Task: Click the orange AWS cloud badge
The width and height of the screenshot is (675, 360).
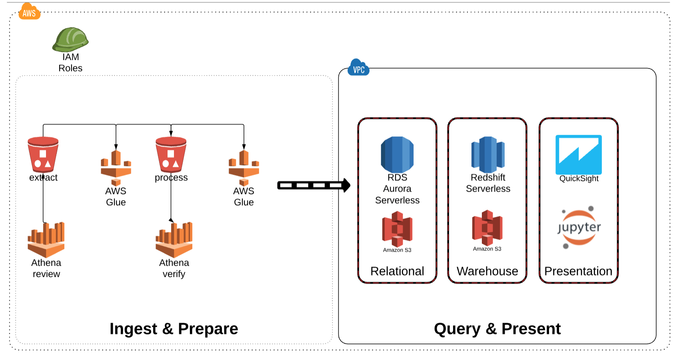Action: [x=29, y=12]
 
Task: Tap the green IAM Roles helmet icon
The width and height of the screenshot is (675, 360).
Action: [x=70, y=40]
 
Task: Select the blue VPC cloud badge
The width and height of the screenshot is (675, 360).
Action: [x=359, y=68]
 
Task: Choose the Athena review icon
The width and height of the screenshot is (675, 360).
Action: [x=46, y=240]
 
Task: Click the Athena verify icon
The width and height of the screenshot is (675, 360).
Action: [x=174, y=240]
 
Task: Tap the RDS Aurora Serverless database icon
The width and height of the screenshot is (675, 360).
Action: [x=397, y=155]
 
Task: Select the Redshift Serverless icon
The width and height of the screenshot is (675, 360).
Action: [x=488, y=154]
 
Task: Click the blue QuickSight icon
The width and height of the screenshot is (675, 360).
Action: [x=579, y=154]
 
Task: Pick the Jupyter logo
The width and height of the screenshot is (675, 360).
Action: [x=579, y=227]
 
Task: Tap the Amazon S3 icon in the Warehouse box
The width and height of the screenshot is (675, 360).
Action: [x=487, y=228]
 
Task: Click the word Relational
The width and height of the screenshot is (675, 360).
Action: [x=397, y=271]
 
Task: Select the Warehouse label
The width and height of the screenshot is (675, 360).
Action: [x=487, y=271]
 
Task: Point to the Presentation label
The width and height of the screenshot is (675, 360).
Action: [x=578, y=271]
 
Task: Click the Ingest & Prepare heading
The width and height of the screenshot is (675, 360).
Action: [x=174, y=329]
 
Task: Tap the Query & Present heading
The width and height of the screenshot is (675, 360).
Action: [x=497, y=329]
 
